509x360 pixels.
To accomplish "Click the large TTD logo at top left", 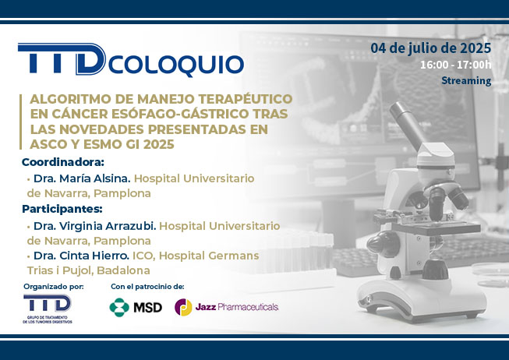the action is (x=62, y=58).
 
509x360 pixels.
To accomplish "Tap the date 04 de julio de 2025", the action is (x=431, y=48).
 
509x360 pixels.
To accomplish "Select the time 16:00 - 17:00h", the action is (x=456, y=65).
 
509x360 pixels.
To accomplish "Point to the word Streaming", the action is (x=466, y=80).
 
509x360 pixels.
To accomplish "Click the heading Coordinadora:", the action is (x=63, y=162).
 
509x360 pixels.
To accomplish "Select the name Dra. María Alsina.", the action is (x=82, y=178).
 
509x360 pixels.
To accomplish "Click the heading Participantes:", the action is (x=62, y=209).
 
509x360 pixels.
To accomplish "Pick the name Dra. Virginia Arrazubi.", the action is (x=95, y=226).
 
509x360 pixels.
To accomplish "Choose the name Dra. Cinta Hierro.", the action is (x=82, y=256).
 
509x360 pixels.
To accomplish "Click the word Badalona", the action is (x=123, y=270).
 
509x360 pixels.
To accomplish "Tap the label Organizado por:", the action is (x=54, y=287).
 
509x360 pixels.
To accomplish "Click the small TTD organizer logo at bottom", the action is (x=48, y=309).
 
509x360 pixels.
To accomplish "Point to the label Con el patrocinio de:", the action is (x=147, y=287).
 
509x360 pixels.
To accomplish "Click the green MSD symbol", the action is (x=119, y=307).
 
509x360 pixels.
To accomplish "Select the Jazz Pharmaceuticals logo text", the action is (x=237, y=307).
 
